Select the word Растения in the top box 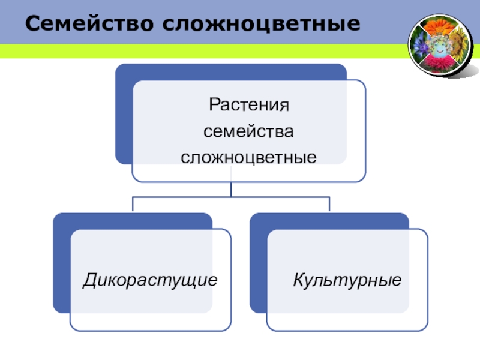pyautogui.click(x=248, y=105)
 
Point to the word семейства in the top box pyautogui.click(x=248, y=131)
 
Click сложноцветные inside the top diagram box pyautogui.click(x=248, y=157)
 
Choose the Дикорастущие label pyautogui.click(x=150, y=280)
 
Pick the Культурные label pyautogui.click(x=347, y=280)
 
